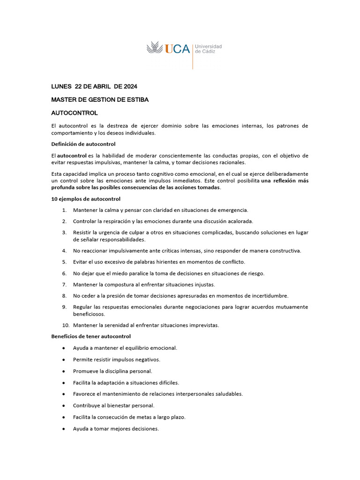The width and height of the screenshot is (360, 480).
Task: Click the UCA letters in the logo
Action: pyautogui.click(x=178, y=49)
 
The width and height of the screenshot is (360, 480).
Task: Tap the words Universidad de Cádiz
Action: pyautogui.click(x=208, y=49)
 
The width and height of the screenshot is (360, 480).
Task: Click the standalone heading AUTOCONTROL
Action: pyautogui.click(x=74, y=113)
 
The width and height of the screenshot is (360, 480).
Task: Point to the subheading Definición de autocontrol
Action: pyautogui.click(x=83, y=144)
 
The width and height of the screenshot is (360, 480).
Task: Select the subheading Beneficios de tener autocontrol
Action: pyautogui.click(x=91, y=336)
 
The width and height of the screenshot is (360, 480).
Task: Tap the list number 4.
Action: pyautogui.click(x=64, y=251)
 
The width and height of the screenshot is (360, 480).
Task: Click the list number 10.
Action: pyautogui.click(x=66, y=325)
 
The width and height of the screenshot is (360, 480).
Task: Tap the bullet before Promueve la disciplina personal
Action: pyautogui.click(x=63, y=371)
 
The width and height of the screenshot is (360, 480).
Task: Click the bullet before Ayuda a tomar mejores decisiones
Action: pyautogui.click(x=63, y=428)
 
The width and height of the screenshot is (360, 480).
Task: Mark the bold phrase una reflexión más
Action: pyautogui.click(x=285, y=180)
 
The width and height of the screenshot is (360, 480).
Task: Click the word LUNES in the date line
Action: pyautogui.click(x=61, y=86)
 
